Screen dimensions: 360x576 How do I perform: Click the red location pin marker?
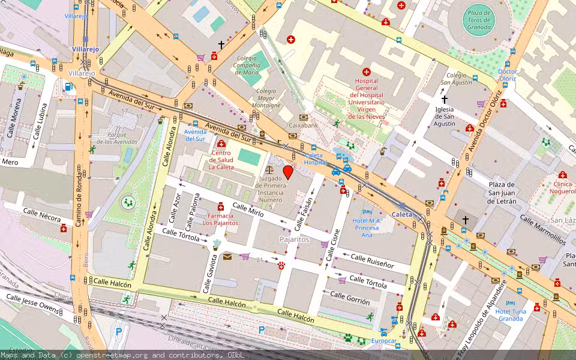pyautogui.click(x=288, y=173)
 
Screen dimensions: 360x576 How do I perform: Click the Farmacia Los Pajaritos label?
pyautogui.click(x=220, y=219)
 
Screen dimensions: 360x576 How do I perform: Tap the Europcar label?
pyautogui.click(x=384, y=341)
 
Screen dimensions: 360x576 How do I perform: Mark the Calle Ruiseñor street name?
pyautogui.click(x=372, y=261)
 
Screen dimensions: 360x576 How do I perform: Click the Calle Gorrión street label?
pyautogui.click(x=350, y=297)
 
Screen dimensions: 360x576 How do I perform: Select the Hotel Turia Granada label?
pyautogui.click(x=511, y=314)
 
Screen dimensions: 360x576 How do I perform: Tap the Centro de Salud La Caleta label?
pyautogui.click(x=221, y=160)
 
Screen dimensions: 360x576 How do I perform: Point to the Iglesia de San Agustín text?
pyautogui.click(x=445, y=116)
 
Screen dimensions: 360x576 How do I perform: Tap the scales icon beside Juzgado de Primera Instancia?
pyautogui.click(x=268, y=170)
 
